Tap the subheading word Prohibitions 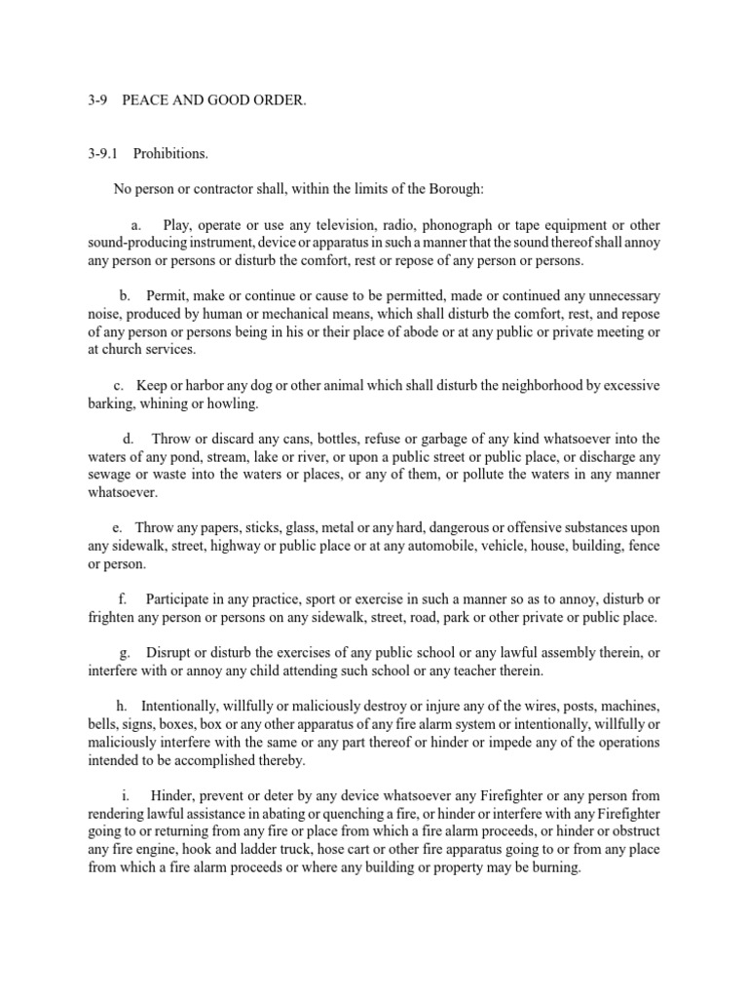click(170, 154)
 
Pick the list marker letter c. click(118, 384)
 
